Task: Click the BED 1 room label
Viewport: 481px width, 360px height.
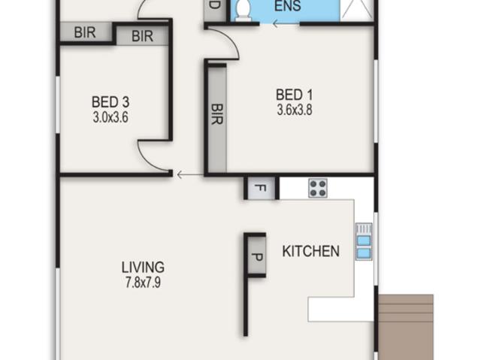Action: [x=294, y=95]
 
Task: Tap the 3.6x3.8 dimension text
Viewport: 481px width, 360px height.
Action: [x=295, y=110]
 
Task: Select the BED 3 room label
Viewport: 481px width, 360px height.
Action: [x=110, y=101]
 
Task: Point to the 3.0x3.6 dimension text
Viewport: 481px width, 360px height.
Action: [x=110, y=117]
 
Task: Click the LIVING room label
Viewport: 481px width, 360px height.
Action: [x=143, y=268]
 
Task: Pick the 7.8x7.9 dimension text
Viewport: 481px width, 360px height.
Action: [x=143, y=283]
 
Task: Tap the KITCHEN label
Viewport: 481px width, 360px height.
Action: [x=310, y=251]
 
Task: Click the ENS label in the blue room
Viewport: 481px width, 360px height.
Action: [x=287, y=6]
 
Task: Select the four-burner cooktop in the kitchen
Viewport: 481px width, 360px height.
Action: [x=318, y=189]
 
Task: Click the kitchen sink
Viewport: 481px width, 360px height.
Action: [x=364, y=242]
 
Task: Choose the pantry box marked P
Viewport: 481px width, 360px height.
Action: [x=256, y=255]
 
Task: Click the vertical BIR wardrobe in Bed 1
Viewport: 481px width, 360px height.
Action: [x=217, y=119]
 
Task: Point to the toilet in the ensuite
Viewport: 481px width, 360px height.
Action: [x=244, y=10]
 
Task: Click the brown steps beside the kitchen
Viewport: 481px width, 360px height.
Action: [x=406, y=327]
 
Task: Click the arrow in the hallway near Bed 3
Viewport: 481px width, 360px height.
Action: [x=190, y=175]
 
